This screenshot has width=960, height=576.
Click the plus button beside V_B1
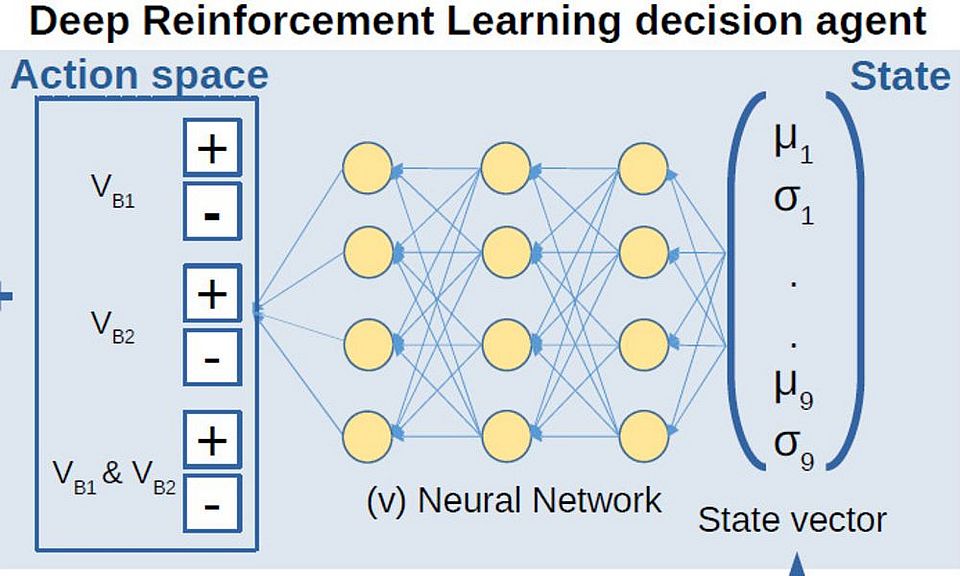pyautogui.click(x=211, y=149)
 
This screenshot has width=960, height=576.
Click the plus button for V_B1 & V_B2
pyautogui.click(x=211, y=440)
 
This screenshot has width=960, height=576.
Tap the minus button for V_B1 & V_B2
pyautogui.click(x=211, y=503)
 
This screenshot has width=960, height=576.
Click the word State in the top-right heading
pyautogui.click(x=900, y=76)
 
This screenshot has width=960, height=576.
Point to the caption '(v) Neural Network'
pyautogui.click(x=513, y=499)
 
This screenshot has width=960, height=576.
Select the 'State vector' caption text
pyautogui.click(x=791, y=520)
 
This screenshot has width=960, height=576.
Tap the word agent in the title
pyautogui.click(x=869, y=21)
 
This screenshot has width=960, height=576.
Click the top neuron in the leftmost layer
pyautogui.click(x=367, y=169)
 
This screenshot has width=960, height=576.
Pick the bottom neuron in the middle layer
pyautogui.click(x=506, y=436)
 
